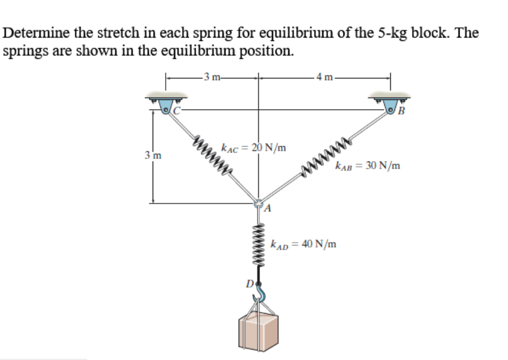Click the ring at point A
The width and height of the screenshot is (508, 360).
(x=259, y=203)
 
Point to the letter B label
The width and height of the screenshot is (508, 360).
(x=402, y=113)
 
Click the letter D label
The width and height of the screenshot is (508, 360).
(x=249, y=284)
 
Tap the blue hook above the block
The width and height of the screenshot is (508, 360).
(x=261, y=295)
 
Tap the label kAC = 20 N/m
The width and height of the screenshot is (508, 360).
(x=253, y=147)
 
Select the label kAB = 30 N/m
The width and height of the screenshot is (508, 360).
(x=368, y=166)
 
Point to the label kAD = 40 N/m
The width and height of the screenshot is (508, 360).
(x=304, y=244)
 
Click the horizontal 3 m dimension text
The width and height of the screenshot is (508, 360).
(x=210, y=76)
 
